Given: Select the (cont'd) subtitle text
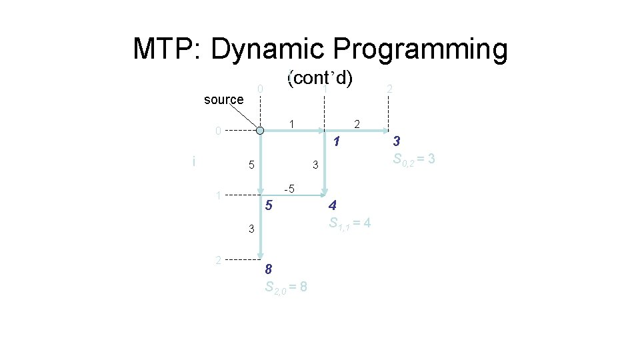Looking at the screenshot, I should click(319, 78).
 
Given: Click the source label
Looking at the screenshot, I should click(223, 100).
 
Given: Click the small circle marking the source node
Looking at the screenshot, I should click(261, 131).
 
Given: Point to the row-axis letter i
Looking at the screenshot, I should click(193, 161).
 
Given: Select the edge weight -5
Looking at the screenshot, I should click(289, 188).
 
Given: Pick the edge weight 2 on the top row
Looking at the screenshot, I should click(357, 123).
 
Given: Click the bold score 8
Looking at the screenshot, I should click(268, 269).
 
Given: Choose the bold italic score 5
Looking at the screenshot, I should click(268, 206).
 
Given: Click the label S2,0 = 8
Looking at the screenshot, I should click(285, 287).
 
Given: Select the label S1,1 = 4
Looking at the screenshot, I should click(350, 223).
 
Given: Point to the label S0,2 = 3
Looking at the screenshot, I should click(414, 159).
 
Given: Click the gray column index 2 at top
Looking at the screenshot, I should click(389, 89).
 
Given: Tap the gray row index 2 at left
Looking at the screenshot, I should click(218, 259).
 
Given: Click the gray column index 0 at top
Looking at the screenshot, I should click(261, 89).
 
